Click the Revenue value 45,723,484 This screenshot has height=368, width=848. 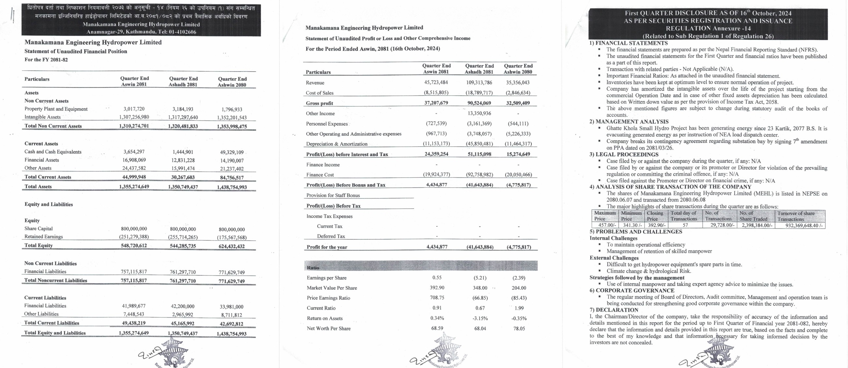(436, 82)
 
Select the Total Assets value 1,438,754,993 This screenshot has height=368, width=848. (232, 187)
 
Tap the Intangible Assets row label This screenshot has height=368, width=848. (42, 117)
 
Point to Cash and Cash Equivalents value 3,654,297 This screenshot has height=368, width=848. (134, 152)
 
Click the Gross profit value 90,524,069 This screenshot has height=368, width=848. (479, 103)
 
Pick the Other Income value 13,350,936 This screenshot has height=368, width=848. (479, 113)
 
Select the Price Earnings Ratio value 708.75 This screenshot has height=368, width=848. (437, 298)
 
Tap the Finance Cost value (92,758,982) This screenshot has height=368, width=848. (479, 174)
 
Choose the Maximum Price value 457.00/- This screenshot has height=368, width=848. (605, 225)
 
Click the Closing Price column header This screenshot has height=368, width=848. (655, 216)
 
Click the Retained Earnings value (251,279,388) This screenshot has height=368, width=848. (134, 237)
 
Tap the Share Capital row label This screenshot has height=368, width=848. (38, 228)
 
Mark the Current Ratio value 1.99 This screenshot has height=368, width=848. (519, 308)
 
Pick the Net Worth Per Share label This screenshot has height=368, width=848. (329, 328)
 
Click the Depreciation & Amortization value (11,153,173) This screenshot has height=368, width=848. (436, 143)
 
